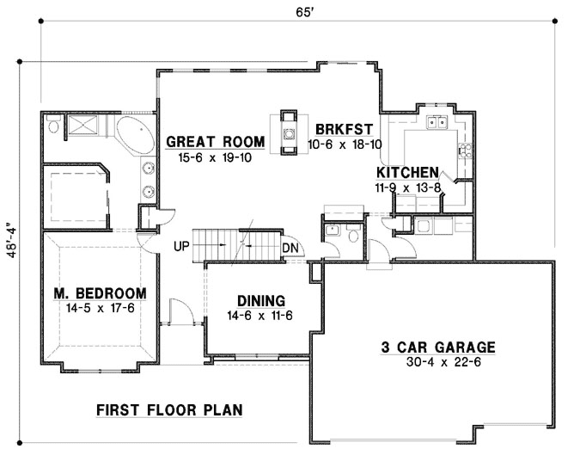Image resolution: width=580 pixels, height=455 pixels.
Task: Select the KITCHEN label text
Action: (x=407, y=172)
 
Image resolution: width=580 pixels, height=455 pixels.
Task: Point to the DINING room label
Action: (x=261, y=300)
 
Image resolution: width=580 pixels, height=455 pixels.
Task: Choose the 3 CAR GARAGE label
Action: (x=438, y=347)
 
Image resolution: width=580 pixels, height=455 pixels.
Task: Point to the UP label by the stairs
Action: (x=180, y=245)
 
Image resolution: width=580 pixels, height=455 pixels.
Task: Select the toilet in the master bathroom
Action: (x=54, y=128)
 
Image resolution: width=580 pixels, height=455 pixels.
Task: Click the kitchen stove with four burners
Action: (x=464, y=152)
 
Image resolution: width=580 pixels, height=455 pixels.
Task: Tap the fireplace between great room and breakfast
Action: (x=289, y=131)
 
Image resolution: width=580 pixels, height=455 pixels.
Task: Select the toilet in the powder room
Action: (x=352, y=233)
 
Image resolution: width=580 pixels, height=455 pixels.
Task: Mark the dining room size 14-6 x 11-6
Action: (x=261, y=316)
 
